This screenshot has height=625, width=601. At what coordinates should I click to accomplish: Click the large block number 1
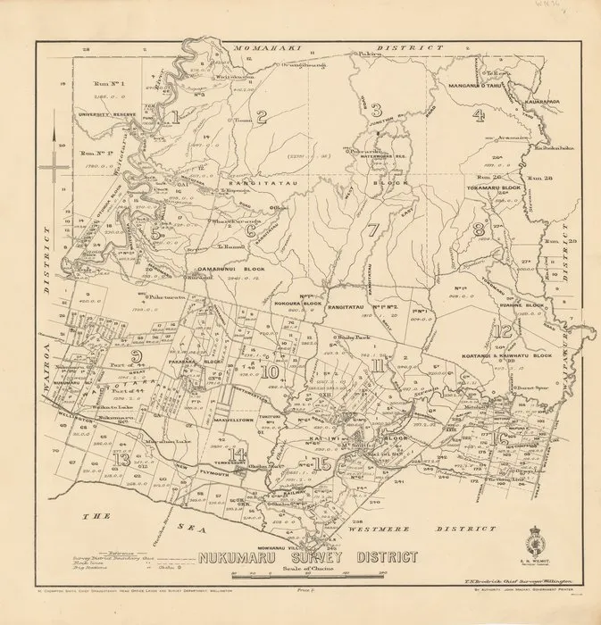click(x=174, y=116)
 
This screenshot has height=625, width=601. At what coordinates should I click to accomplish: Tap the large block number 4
click(x=479, y=113)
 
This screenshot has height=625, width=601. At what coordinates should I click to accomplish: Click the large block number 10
click(x=271, y=371)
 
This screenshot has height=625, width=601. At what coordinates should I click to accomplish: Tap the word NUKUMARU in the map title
click(x=245, y=558)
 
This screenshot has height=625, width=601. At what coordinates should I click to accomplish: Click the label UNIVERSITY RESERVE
click(x=100, y=114)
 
